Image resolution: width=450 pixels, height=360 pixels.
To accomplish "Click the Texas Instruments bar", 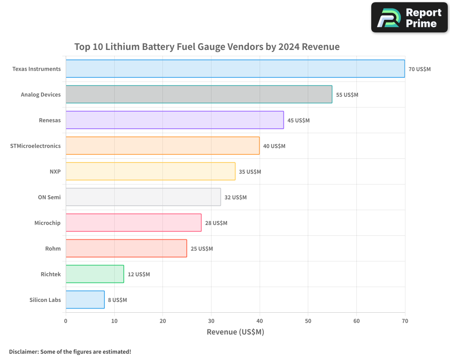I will coord(235,69).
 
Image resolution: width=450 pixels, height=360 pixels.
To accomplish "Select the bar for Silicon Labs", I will coord(85,300).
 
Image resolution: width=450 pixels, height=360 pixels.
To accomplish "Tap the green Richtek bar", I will coord(94,274).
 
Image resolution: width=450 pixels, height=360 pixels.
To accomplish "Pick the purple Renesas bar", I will coord(175,120).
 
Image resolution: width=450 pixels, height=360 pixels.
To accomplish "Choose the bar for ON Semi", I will coord(143,197).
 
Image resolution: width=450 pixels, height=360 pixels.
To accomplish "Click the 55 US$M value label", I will coord(347,95).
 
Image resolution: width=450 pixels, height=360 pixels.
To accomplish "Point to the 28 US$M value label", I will coord(216,223).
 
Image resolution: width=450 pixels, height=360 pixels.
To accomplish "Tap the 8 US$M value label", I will coord(117,300).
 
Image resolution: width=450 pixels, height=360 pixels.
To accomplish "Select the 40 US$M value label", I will coord(274,146).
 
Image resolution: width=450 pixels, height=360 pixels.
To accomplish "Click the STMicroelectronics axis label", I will coord(35,146).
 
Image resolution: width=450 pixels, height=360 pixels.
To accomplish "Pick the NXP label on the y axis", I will coord(55,171).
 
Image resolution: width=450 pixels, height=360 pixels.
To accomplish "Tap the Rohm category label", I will coord(53,248).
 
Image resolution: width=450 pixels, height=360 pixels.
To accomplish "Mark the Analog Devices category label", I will coord(40,94).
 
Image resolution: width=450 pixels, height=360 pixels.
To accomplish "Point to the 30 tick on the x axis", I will coord(211,321).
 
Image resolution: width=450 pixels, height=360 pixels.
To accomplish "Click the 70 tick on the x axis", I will coord(405,321).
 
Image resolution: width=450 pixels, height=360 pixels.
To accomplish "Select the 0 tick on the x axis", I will coord(66,321).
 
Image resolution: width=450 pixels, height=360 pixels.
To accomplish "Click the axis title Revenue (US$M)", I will coord(235,332).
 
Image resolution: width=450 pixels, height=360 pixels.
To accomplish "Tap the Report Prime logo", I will coord(409,18).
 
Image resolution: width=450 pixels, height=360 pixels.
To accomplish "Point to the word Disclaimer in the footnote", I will coord(23,351).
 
